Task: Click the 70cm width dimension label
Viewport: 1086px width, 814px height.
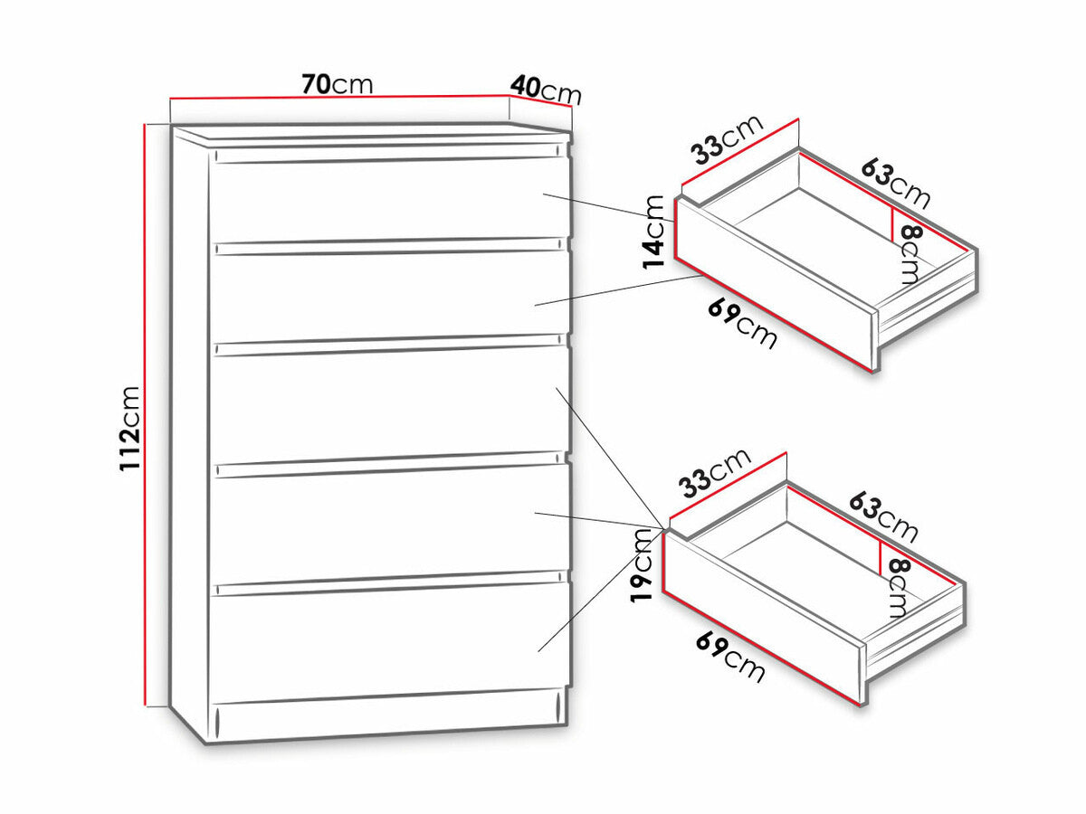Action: [337, 84]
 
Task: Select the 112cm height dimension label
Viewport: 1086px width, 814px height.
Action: [130, 429]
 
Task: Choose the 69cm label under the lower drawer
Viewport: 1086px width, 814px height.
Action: [730, 658]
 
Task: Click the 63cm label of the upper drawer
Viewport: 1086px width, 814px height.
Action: [896, 183]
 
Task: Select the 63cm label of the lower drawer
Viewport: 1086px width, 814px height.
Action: [884, 516]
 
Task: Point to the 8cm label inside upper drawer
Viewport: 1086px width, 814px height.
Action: [910, 253]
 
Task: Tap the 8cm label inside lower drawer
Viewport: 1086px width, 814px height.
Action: [898, 587]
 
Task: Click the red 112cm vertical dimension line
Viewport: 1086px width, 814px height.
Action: [146, 414]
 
